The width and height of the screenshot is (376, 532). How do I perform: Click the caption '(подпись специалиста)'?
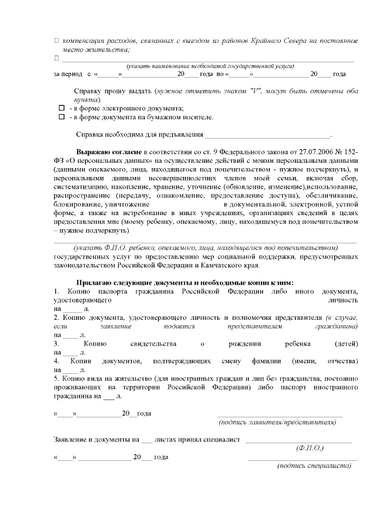coord(314,466)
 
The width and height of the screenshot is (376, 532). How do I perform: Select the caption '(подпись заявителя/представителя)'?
coord(277,422)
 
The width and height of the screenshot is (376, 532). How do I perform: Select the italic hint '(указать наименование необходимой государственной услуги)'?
coord(206,66)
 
